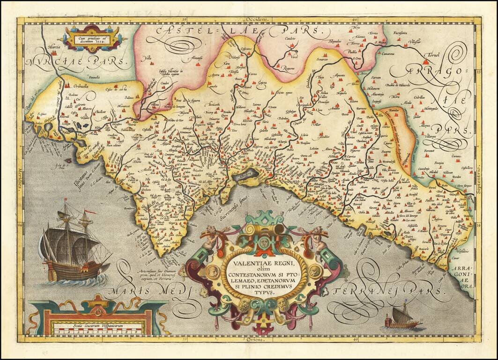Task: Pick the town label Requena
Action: click(287, 68)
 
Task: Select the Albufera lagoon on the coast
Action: click(247, 174)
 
